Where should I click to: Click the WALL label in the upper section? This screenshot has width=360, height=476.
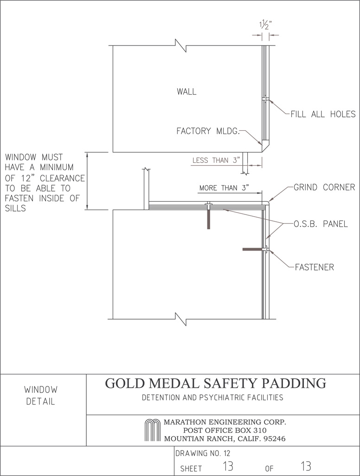point(186,91)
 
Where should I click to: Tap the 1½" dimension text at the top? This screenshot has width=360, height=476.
point(265,25)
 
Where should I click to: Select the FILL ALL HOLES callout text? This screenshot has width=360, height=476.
point(323,114)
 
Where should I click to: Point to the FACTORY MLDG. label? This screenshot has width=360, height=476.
point(208,131)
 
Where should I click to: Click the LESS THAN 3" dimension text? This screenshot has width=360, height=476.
point(216,160)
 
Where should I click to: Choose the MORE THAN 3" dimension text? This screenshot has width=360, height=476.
point(224,188)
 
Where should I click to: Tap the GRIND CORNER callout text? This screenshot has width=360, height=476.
point(324,187)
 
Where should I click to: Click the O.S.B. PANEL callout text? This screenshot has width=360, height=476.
point(321,224)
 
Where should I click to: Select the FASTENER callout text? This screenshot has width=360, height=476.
point(315,267)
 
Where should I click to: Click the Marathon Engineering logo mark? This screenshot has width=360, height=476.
point(152,430)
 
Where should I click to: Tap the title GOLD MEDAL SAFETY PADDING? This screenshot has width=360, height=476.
point(216,383)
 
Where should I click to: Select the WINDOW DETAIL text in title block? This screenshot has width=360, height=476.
point(41,395)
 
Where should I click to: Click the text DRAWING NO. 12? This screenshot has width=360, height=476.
point(203,454)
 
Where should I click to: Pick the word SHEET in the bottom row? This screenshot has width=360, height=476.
point(191,469)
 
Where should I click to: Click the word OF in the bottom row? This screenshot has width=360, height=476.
point(269,469)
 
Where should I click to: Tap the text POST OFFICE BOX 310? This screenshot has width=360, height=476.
point(225,430)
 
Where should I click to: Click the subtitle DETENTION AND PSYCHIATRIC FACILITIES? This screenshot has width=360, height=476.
point(212,398)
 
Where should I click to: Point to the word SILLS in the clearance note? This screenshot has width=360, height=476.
point(15,208)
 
